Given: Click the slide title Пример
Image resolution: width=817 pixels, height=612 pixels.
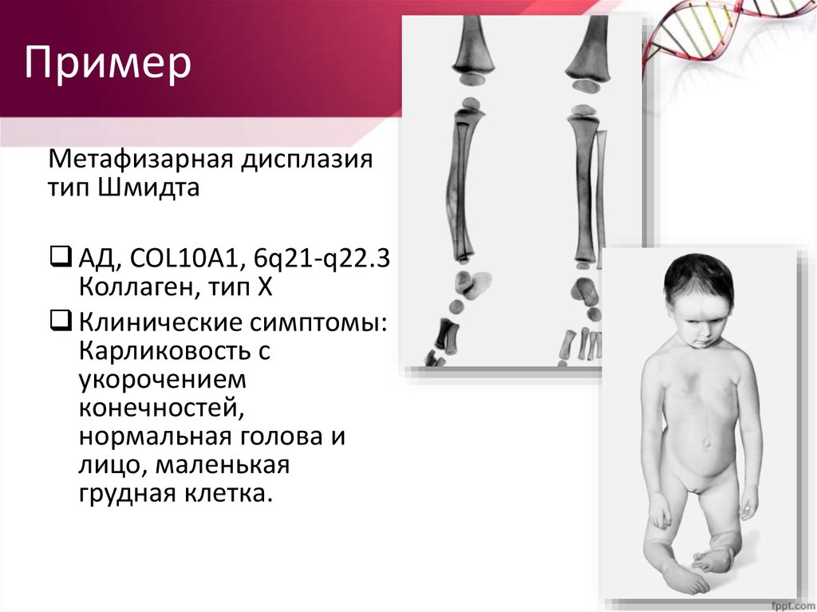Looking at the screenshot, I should pyautogui.click(x=107, y=63).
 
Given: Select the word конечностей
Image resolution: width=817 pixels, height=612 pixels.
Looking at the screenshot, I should pyautogui.click(x=160, y=409).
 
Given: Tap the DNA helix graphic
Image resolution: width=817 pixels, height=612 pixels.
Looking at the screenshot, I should pyautogui.click(x=718, y=32).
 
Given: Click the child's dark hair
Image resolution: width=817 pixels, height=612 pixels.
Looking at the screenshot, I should pyautogui.click(x=698, y=279).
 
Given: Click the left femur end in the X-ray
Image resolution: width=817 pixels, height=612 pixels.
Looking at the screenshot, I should pyautogui.click(x=473, y=56).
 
